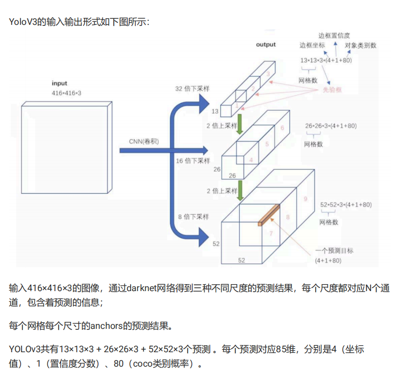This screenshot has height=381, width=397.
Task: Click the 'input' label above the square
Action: pyautogui.click(x=59, y=83)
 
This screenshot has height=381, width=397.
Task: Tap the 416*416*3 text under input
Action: pyautogui.click(x=66, y=93)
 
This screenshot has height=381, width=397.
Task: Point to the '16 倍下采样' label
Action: pyautogui.click(x=193, y=161)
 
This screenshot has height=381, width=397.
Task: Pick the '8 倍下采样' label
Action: pyautogui.click(x=193, y=217)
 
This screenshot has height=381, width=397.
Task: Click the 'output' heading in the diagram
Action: pyautogui.click(x=265, y=45)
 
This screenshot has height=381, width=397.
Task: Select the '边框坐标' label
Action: pyautogui.click(x=312, y=45)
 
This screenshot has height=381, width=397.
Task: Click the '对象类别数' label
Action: pyautogui.click(x=360, y=45)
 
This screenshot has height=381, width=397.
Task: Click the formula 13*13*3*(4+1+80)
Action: pyautogui.click(x=326, y=60)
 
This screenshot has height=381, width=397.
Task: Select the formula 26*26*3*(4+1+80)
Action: pyautogui.click(x=331, y=126)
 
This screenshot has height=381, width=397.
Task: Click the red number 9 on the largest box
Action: pyautogui.click(x=305, y=199)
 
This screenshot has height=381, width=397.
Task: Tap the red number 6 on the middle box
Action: pyautogui.click(x=282, y=128)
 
